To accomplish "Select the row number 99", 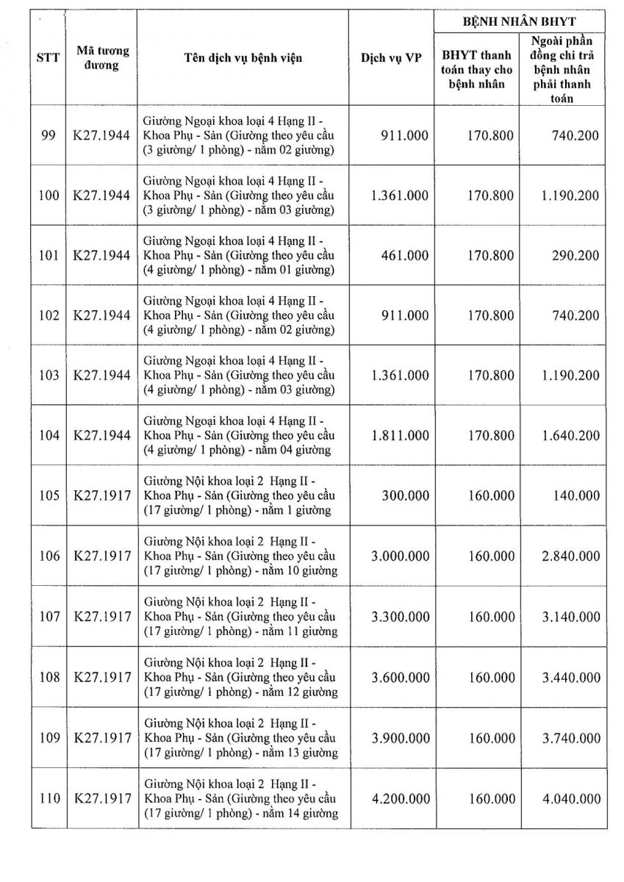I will [x=49, y=135].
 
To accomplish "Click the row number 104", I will [x=49, y=435].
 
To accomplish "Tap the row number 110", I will [x=49, y=798].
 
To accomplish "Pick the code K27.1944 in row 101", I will [x=102, y=255].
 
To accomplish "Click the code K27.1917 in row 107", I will [x=102, y=617].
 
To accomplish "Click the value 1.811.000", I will [x=401, y=435].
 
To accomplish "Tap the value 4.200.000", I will [x=401, y=798].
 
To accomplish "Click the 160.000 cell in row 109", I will [x=490, y=738].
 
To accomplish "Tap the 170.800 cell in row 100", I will [x=490, y=196].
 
